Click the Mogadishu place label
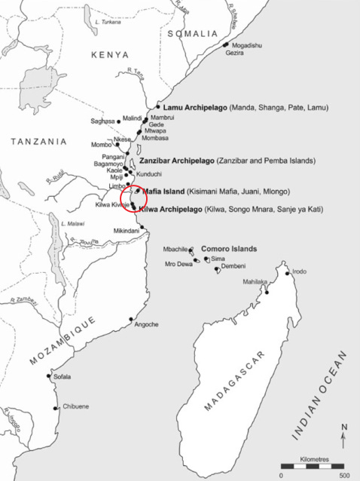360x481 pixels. [x=246, y=45]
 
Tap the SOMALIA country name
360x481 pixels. [x=192, y=34]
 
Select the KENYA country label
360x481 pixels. [x=110, y=54]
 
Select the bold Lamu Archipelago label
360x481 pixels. [x=194, y=108]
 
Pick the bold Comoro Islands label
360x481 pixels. [x=229, y=248]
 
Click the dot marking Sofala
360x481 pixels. [x=50, y=376]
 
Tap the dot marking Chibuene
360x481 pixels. [x=56, y=409]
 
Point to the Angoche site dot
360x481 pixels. [x=131, y=319]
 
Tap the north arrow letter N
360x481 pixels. [x=344, y=427]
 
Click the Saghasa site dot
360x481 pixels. [x=118, y=121]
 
